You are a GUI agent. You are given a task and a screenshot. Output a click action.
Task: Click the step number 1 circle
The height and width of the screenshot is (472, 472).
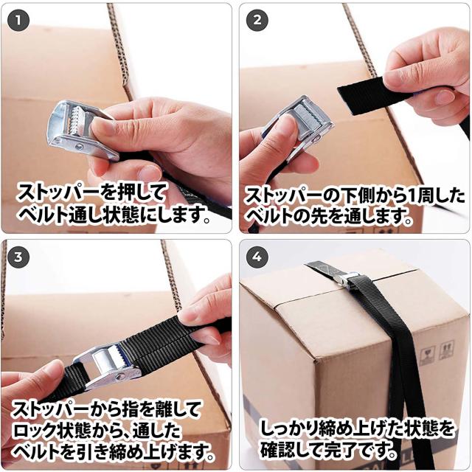[x=18, y=21]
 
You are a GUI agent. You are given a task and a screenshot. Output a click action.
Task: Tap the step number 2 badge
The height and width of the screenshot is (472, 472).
[x=257, y=21]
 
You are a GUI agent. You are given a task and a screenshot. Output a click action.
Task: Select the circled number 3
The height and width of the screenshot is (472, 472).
[x=18, y=257]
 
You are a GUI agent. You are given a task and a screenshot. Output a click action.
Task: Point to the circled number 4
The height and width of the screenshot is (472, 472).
[x=257, y=257]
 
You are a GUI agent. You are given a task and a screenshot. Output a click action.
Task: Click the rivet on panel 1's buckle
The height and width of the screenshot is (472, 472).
[x=80, y=147]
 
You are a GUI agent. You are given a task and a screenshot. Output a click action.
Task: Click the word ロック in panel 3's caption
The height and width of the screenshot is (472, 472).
[x=34, y=431]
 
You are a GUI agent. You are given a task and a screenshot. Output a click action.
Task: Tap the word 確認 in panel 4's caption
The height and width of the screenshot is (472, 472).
[x=280, y=450]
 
